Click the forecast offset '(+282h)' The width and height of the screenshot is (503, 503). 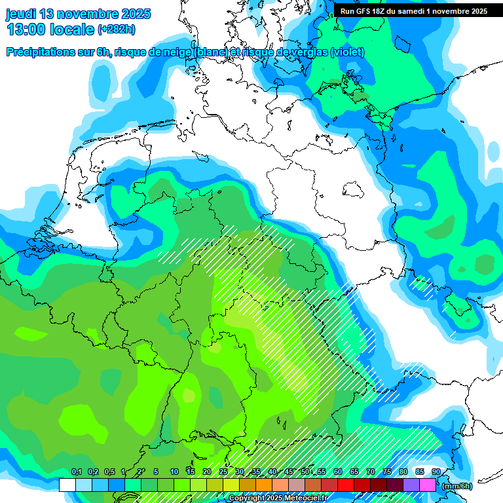point(116,29)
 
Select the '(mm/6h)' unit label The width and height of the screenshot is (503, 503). point(456,486)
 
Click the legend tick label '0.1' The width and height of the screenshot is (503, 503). point(76,472)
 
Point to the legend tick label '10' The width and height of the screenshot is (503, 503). point(174,472)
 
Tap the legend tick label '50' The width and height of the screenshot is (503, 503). point(305,472)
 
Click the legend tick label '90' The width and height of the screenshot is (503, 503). point(436,472)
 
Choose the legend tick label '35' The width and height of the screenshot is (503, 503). point(256,472)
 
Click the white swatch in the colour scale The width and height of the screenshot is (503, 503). point(67,485)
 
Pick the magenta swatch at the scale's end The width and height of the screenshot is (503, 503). point(428,485)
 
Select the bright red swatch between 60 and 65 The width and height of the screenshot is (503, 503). point(346,485)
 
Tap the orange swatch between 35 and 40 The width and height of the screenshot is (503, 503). point(264,485)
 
